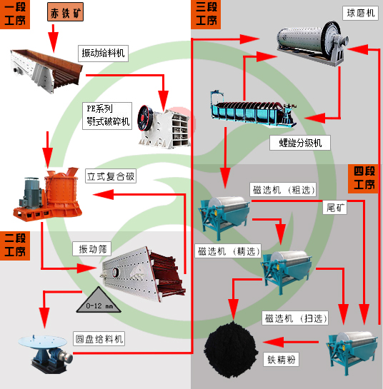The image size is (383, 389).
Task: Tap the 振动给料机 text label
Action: [x=103, y=52]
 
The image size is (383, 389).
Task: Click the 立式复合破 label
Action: [x=111, y=176]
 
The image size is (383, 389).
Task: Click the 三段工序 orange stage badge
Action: [x=207, y=14]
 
